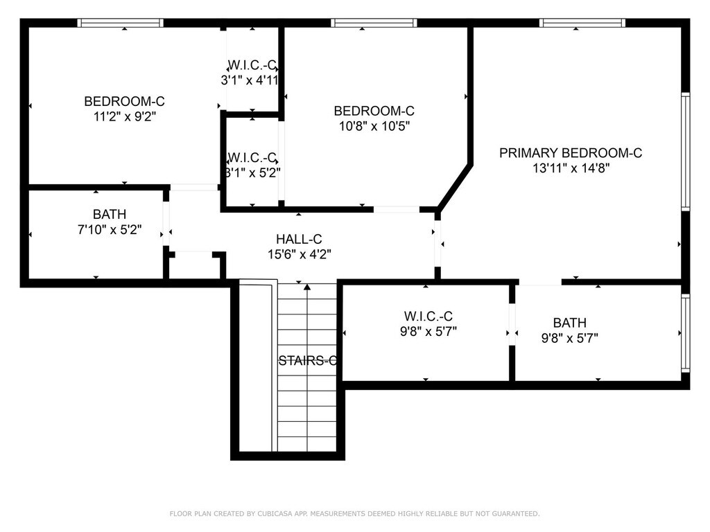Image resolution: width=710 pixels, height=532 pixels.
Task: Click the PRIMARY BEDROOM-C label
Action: [x=571, y=153]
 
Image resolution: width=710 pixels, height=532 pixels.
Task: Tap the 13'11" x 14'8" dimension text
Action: [x=571, y=168]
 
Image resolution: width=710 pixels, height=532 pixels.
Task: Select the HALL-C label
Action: [x=299, y=239]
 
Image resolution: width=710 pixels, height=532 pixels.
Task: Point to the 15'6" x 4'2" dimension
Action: [x=300, y=254]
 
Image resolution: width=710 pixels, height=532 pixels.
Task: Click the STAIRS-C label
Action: [x=307, y=360]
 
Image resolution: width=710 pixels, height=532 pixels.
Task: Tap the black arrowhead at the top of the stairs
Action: [x=307, y=286]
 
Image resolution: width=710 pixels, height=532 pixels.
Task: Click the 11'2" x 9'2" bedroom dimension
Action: [x=125, y=116]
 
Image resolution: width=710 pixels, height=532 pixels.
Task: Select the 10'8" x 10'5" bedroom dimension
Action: [x=374, y=126]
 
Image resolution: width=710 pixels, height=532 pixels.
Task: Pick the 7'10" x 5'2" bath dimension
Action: [x=110, y=230]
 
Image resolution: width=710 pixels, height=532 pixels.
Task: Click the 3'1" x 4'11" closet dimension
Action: [x=250, y=80]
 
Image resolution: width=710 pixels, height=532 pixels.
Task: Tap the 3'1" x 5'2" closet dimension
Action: [x=252, y=172]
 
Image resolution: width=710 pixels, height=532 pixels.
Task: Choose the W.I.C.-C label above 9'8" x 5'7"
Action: [x=428, y=316]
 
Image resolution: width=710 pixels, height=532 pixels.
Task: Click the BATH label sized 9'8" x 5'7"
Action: [x=570, y=323]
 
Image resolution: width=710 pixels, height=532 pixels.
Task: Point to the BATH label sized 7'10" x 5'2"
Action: [x=110, y=214]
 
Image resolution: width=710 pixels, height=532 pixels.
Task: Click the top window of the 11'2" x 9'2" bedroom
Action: [x=120, y=23]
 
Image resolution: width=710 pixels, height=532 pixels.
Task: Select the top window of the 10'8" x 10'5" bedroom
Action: [x=374, y=23]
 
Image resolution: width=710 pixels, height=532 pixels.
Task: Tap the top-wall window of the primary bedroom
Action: [x=582, y=23]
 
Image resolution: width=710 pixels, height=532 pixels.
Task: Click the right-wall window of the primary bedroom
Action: [x=686, y=152]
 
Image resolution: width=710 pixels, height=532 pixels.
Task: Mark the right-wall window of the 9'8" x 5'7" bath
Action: [x=686, y=333]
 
